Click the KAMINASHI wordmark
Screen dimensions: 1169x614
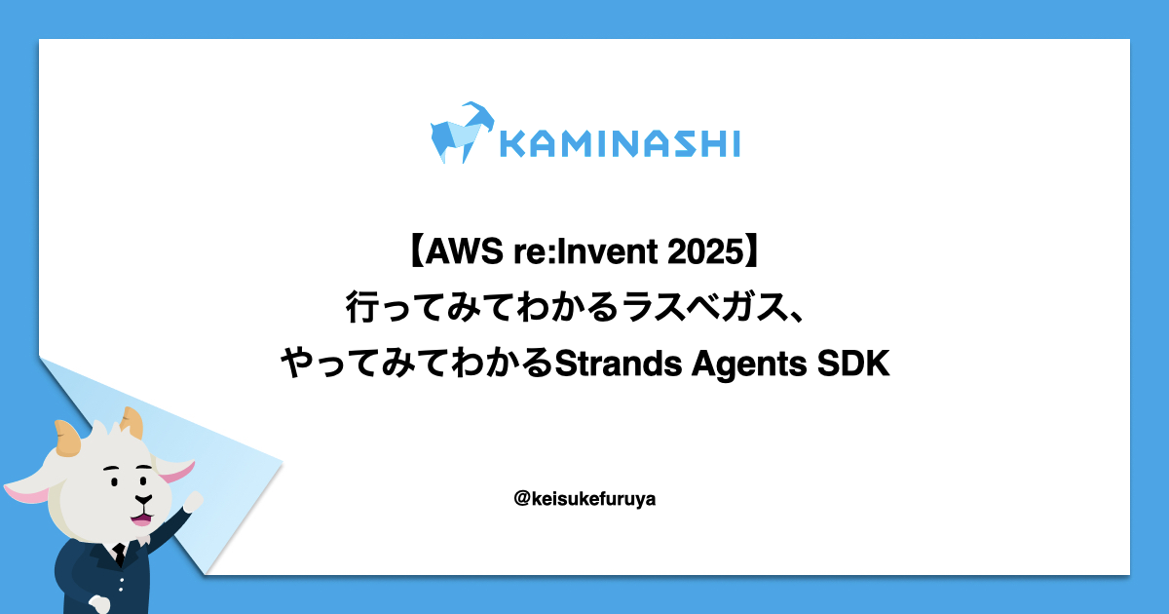tap(620, 143)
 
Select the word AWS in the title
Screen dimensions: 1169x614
tap(464, 251)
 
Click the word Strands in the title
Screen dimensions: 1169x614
tap(618, 364)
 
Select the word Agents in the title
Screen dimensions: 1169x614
tap(749, 365)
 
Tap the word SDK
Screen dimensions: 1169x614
tap(853, 364)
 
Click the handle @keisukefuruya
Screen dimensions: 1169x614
tap(584, 499)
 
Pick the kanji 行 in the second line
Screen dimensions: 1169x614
tap(361, 307)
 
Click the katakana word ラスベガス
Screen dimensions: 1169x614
tap(703, 306)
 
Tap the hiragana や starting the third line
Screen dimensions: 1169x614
tap(297, 363)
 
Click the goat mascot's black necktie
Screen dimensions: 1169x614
tap(120, 555)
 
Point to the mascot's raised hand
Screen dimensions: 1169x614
tap(194, 501)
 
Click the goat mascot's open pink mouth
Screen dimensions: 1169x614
tap(141, 518)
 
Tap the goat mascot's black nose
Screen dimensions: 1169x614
tap(143, 500)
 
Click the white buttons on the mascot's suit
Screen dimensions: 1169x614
tap(121, 583)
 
